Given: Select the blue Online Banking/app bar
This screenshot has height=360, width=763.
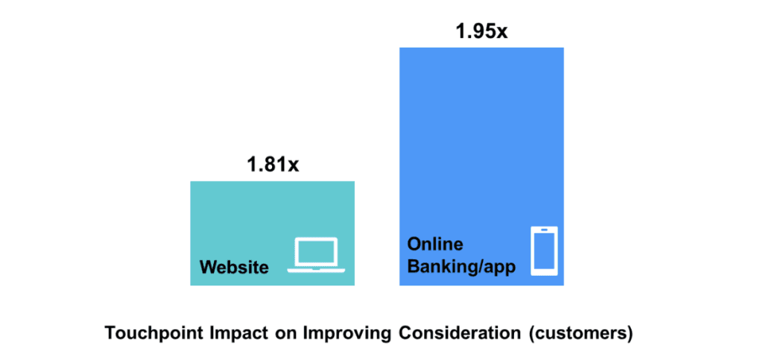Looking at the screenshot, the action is pyautogui.click(x=481, y=166).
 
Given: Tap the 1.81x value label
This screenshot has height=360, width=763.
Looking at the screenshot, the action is pyautogui.click(x=273, y=165).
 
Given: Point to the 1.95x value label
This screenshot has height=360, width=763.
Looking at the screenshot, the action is pyautogui.click(x=481, y=31).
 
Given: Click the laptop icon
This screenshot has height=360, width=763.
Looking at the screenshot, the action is pyautogui.click(x=316, y=255).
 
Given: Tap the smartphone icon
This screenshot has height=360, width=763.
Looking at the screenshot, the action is pyautogui.click(x=544, y=251).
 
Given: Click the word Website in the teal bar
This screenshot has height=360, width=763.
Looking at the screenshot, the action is pyautogui.click(x=234, y=267).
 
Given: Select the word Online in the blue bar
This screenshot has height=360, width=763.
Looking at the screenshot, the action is pyautogui.click(x=435, y=244).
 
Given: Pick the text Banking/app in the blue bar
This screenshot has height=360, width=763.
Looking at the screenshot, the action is pyautogui.click(x=461, y=268).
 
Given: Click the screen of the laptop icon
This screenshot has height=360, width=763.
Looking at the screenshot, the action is pyautogui.click(x=316, y=251).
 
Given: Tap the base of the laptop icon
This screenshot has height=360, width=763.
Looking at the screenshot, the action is pyautogui.click(x=316, y=270).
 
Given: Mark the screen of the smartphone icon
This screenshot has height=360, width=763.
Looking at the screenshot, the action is pyautogui.click(x=544, y=251).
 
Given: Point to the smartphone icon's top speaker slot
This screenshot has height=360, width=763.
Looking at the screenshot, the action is pyautogui.click(x=544, y=230).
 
